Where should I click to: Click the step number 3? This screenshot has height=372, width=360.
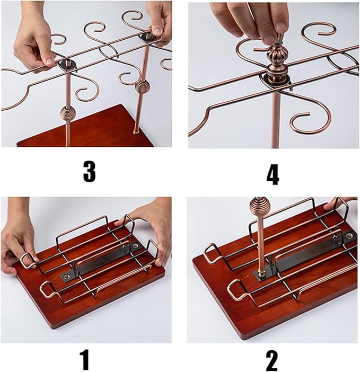89,171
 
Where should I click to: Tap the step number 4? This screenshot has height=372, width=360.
272,174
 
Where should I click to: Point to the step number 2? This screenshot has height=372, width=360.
271,361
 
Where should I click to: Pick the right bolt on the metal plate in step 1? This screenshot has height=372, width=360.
136,246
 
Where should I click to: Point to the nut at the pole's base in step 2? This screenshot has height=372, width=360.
264,273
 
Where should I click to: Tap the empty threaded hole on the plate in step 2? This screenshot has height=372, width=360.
349,235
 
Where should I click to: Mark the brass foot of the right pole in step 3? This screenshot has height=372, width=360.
137,131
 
